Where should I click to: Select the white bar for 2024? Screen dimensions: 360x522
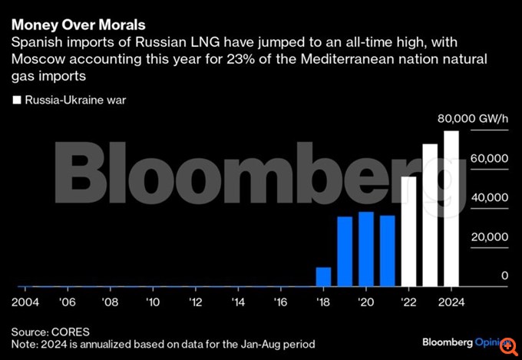451,208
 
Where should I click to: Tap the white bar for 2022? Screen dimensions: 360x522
409,231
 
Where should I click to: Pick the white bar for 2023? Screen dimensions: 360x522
430,215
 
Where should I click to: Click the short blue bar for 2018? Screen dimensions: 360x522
324,276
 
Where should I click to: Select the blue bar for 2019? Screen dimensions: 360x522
345,251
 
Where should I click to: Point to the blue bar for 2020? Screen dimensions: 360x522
366,249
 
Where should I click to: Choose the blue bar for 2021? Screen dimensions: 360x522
388,251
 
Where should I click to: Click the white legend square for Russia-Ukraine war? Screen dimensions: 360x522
17,101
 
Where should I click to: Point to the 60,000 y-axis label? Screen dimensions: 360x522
489,157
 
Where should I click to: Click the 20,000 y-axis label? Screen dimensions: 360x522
489,236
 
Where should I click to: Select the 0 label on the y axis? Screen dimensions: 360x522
504,276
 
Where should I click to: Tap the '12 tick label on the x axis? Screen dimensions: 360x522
196,301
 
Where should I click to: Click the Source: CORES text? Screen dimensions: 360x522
51,332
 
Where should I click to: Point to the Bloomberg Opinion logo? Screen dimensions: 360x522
465,340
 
